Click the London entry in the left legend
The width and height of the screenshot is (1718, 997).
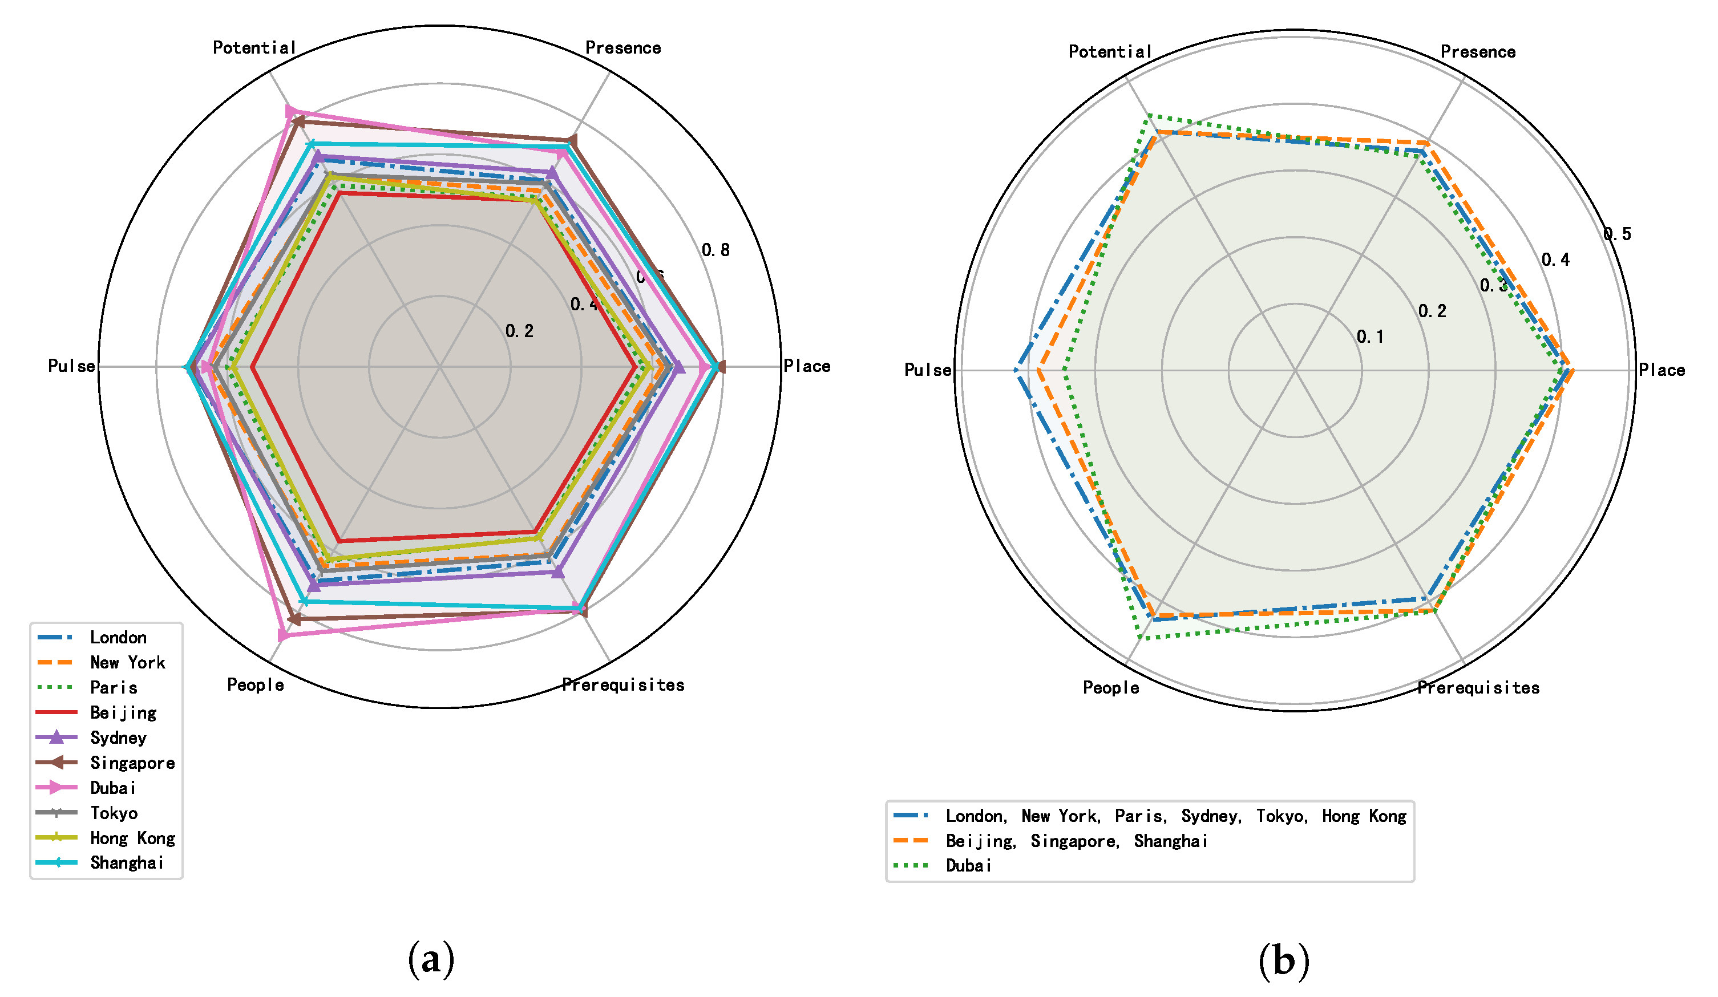118,638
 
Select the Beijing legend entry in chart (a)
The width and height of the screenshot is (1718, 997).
123,713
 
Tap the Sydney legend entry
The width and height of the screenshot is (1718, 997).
118,738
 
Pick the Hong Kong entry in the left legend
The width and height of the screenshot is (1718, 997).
132,838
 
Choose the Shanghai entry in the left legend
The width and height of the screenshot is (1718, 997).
127,864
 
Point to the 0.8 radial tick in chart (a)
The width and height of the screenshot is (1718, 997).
716,251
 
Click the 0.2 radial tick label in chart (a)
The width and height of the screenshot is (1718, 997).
519,332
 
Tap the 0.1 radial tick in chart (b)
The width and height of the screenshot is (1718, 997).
1371,337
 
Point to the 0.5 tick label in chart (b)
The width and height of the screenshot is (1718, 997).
1617,234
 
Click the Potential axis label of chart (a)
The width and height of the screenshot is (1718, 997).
254,48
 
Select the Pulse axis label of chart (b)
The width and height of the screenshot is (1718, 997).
927,370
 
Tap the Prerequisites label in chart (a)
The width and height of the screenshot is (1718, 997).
623,685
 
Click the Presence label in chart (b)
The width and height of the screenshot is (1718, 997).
1478,52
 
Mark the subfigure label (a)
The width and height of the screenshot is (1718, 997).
431,959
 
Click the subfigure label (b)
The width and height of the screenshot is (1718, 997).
1284,961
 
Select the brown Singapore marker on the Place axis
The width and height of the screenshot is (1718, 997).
721,367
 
